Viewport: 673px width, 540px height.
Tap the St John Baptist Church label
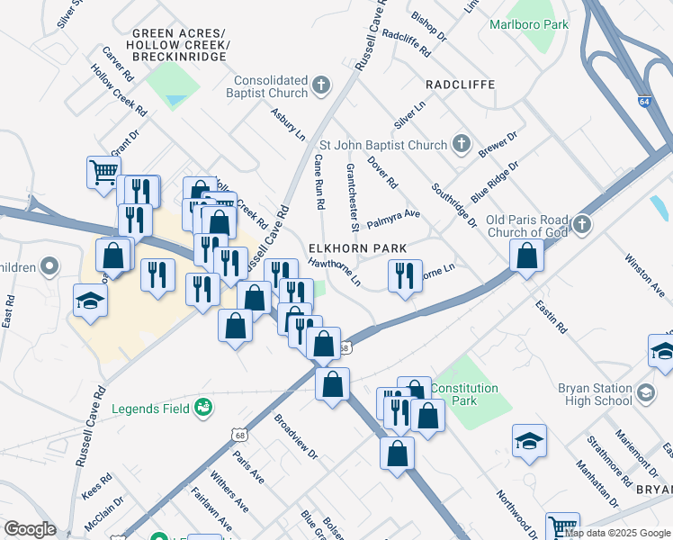click(383, 145)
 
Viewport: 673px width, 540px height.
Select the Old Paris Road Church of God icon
click(582, 223)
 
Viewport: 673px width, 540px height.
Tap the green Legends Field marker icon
click(203, 409)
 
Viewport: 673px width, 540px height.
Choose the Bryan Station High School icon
click(645, 393)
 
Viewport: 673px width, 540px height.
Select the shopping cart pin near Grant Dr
click(103, 170)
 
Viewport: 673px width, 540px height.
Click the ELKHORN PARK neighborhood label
click(357, 247)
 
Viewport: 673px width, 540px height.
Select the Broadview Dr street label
click(296, 437)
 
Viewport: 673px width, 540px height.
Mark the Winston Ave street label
click(644, 276)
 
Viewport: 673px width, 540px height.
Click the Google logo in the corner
click(30, 529)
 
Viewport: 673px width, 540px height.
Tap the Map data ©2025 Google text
click(617, 533)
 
